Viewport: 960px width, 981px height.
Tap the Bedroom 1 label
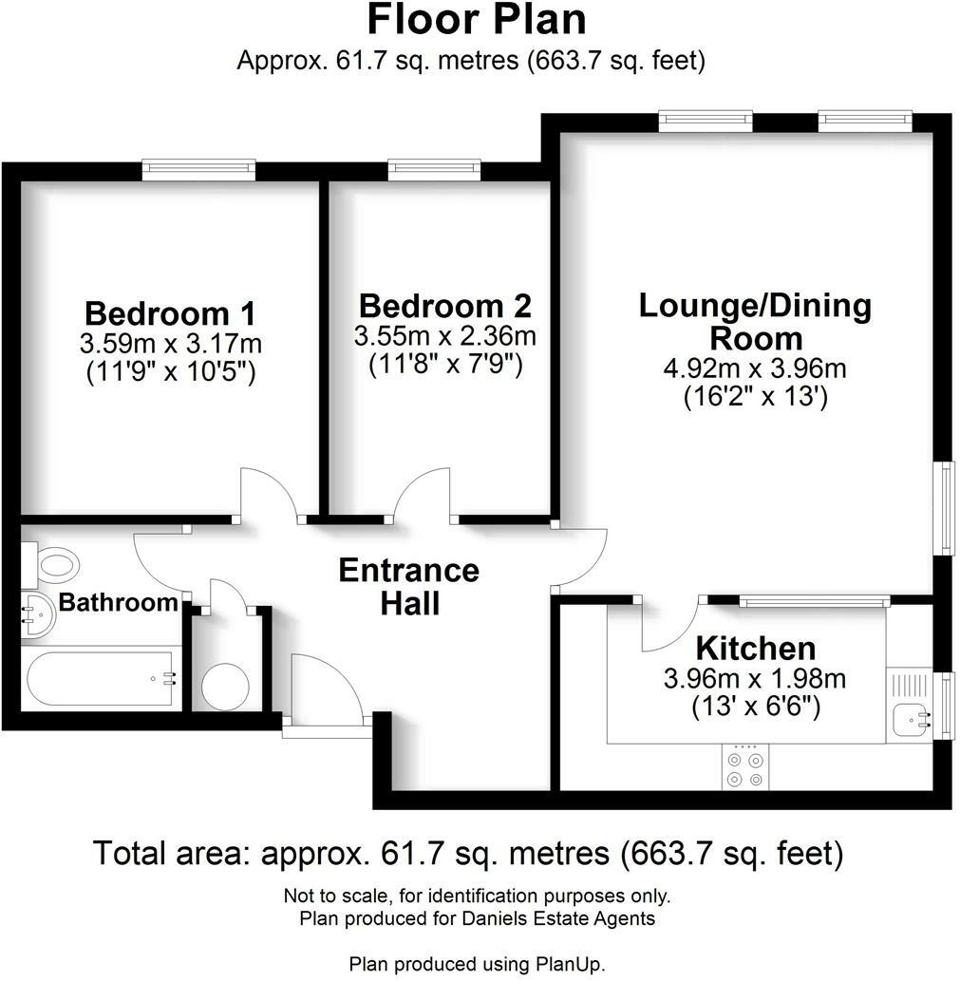tap(170, 313)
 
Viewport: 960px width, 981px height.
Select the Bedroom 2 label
tap(444, 307)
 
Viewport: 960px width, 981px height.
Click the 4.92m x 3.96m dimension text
tap(755, 368)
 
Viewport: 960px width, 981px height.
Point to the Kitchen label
tap(755, 650)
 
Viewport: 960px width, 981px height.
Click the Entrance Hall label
tap(409, 586)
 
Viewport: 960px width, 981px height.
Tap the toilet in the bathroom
tap(53, 566)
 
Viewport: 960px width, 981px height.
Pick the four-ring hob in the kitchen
tap(744, 769)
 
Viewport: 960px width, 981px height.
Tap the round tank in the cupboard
tap(225, 684)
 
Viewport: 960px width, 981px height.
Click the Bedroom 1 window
tap(198, 170)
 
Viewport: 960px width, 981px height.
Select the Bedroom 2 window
tap(434, 170)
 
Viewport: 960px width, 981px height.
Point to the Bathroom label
tap(118, 602)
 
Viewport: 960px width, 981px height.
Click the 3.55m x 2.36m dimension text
tap(444, 336)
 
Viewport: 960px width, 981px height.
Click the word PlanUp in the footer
tap(571, 964)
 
